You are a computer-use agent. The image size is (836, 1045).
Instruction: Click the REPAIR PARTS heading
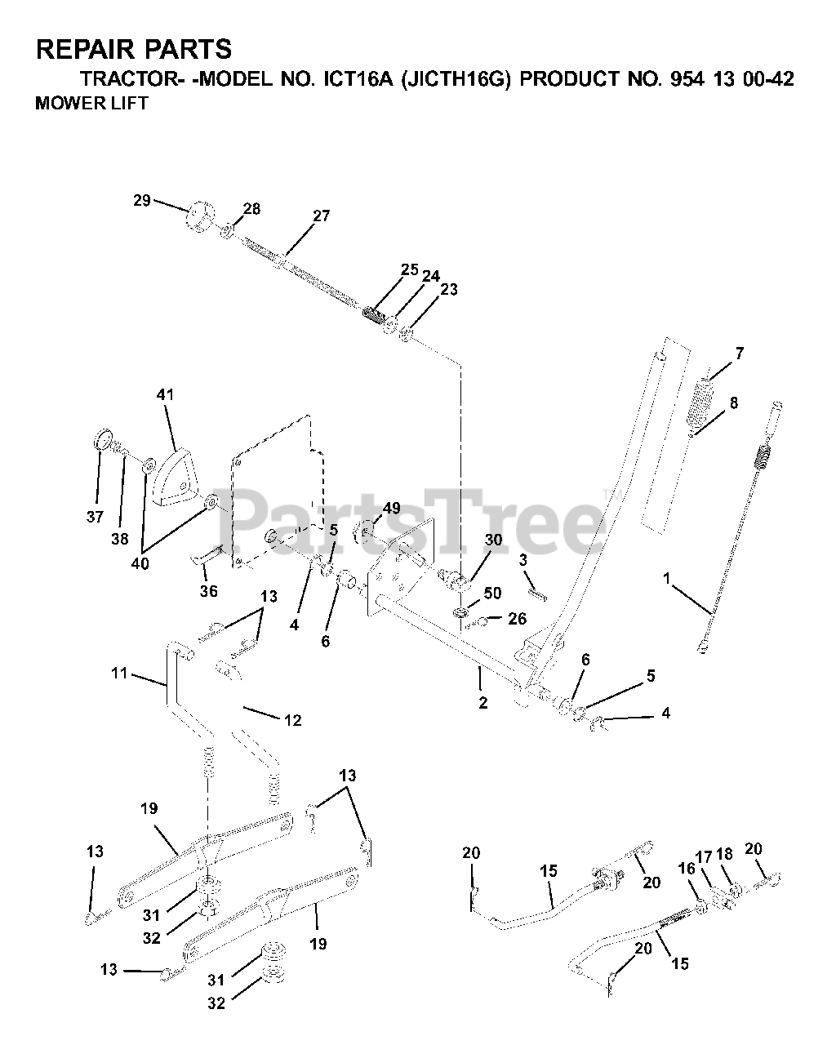[x=134, y=50]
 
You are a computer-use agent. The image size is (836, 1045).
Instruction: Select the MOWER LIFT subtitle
[x=91, y=104]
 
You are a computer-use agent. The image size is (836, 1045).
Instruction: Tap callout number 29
[x=142, y=200]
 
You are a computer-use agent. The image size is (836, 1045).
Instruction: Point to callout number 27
[x=321, y=216]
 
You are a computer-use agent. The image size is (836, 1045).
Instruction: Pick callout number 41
[x=166, y=395]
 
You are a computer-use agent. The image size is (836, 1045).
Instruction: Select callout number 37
[x=96, y=516]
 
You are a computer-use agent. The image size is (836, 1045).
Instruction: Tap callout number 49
[x=391, y=509]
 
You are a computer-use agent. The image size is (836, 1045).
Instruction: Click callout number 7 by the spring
[x=739, y=354]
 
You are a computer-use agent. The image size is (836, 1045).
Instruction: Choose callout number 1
[x=667, y=579]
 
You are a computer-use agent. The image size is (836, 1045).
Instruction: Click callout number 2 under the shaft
[x=482, y=703]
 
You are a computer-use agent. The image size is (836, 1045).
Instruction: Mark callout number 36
[x=209, y=591]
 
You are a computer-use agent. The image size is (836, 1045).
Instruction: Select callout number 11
[x=120, y=674]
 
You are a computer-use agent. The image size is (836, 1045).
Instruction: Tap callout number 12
[x=292, y=720]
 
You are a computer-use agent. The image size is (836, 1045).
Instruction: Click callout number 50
[x=492, y=594]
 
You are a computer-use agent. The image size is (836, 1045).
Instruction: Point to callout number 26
[x=517, y=619]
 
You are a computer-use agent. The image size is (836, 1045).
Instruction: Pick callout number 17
[x=704, y=858]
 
